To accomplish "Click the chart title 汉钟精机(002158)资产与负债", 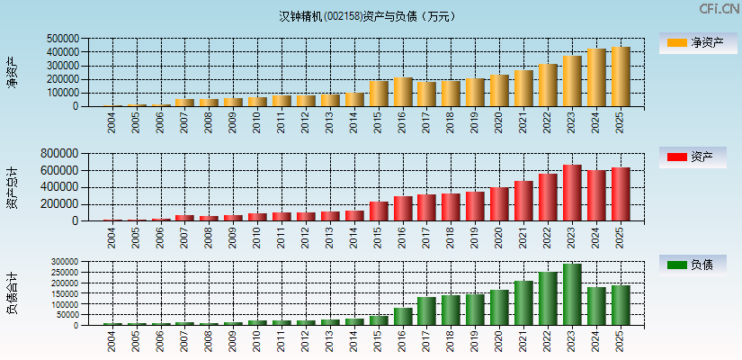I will click(x=367, y=15).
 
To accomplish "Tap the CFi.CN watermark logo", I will click(x=720, y=9).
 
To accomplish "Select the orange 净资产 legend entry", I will click(x=697, y=42).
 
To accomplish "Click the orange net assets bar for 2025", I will click(x=621, y=76).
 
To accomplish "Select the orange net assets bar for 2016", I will click(x=402, y=92).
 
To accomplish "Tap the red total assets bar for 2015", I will click(x=379, y=211).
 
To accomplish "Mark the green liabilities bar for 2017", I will click(x=426, y=311).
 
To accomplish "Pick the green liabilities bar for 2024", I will click(x=596, y=306).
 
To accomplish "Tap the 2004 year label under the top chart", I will click(x=112, y=123).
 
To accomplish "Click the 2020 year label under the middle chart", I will click(x=499, y=238).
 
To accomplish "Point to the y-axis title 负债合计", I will click(x=13, y=293).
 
